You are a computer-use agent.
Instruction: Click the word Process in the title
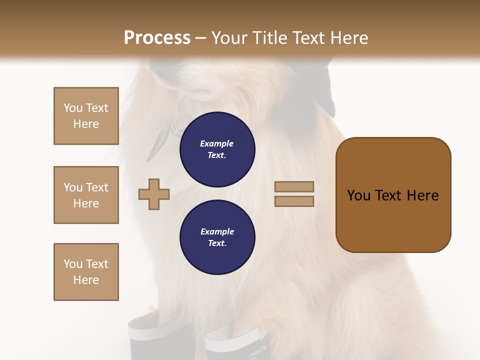pyautogui.click(x=157, y=38)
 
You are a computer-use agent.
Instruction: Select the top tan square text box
pyautogui.click(x=86, y=116)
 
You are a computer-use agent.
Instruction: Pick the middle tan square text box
pyautogui.click(x=86, y=195)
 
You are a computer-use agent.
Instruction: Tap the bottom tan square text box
pyautogui.click(x=86, y=272)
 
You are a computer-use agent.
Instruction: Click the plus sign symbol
pyautogui.click(x=154, y=194)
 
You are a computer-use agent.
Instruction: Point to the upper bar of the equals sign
pyautogui.click(x=294, y=186)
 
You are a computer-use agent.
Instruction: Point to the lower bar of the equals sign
pyautogui.click(x=294, y=201)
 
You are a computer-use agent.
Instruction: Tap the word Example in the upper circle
pyautogui.click(x=217, y=143)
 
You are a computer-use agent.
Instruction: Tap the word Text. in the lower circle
pyautogui.click(x=217, y=243)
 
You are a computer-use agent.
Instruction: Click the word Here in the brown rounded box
pyautogui.click(x=422, y=195)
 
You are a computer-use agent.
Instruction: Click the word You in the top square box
pyautogui.click(x=73, y=108)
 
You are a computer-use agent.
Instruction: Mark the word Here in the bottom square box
pyautogui.click(x=86, y=280)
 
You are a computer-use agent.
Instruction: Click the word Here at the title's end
pyautogui.click(x=349, y=38)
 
